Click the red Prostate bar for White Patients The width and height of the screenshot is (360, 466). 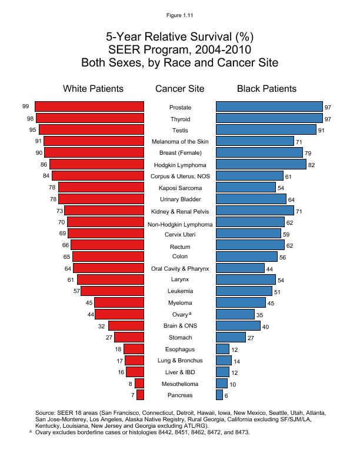(x=89, y=106)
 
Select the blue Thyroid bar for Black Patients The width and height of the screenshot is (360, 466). (x=269, y=118)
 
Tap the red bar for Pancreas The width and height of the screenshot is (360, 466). (x=139, y=394)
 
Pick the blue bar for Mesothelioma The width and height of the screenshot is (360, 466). (x=222, y=383)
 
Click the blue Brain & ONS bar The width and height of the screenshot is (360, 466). (x=238, y=325)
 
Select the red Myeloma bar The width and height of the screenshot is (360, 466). (x=119, y=302)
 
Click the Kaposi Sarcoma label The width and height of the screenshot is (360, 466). (x=180, y=188)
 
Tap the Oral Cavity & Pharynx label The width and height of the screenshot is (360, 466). (x=180, y=268)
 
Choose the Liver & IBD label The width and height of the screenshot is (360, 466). (x=180, y=371)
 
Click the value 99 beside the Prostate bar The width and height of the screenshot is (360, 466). (x=25, y=106)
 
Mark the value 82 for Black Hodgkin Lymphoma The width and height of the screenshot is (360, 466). (x=312, y=165)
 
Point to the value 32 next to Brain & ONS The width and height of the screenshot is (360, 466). (x=102, y=326)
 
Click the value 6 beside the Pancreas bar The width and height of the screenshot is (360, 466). (x=226, y=395)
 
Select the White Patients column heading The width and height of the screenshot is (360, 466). (x=93, y=89)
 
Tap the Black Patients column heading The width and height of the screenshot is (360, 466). (x=266, y=89)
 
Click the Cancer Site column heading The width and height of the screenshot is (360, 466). (x=180, y=89)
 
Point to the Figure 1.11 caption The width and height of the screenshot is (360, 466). (x=180, y=8)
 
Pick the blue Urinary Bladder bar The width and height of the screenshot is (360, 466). (x=251, y=199)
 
